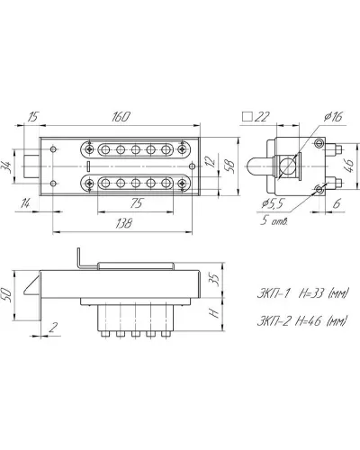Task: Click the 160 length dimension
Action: coord(121,117)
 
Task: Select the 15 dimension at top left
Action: coord(32,117)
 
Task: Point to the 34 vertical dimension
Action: coord(7,166)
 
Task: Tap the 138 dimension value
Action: coord(123,223)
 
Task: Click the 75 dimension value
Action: coord(136,203)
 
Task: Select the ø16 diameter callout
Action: coord(333,117)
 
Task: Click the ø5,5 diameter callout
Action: coord(272,204)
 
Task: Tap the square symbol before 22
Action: coord(247,116)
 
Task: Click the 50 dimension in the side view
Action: coord(6,295)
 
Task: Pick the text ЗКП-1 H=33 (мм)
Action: coord(302,293)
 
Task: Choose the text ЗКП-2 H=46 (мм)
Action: coord(302,321)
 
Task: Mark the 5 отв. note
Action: coord(274,221)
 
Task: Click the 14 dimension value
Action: coord(25,204)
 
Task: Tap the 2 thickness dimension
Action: coord(53,328)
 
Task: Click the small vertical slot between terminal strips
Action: coord(88,166)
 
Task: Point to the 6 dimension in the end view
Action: coord(337,203)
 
